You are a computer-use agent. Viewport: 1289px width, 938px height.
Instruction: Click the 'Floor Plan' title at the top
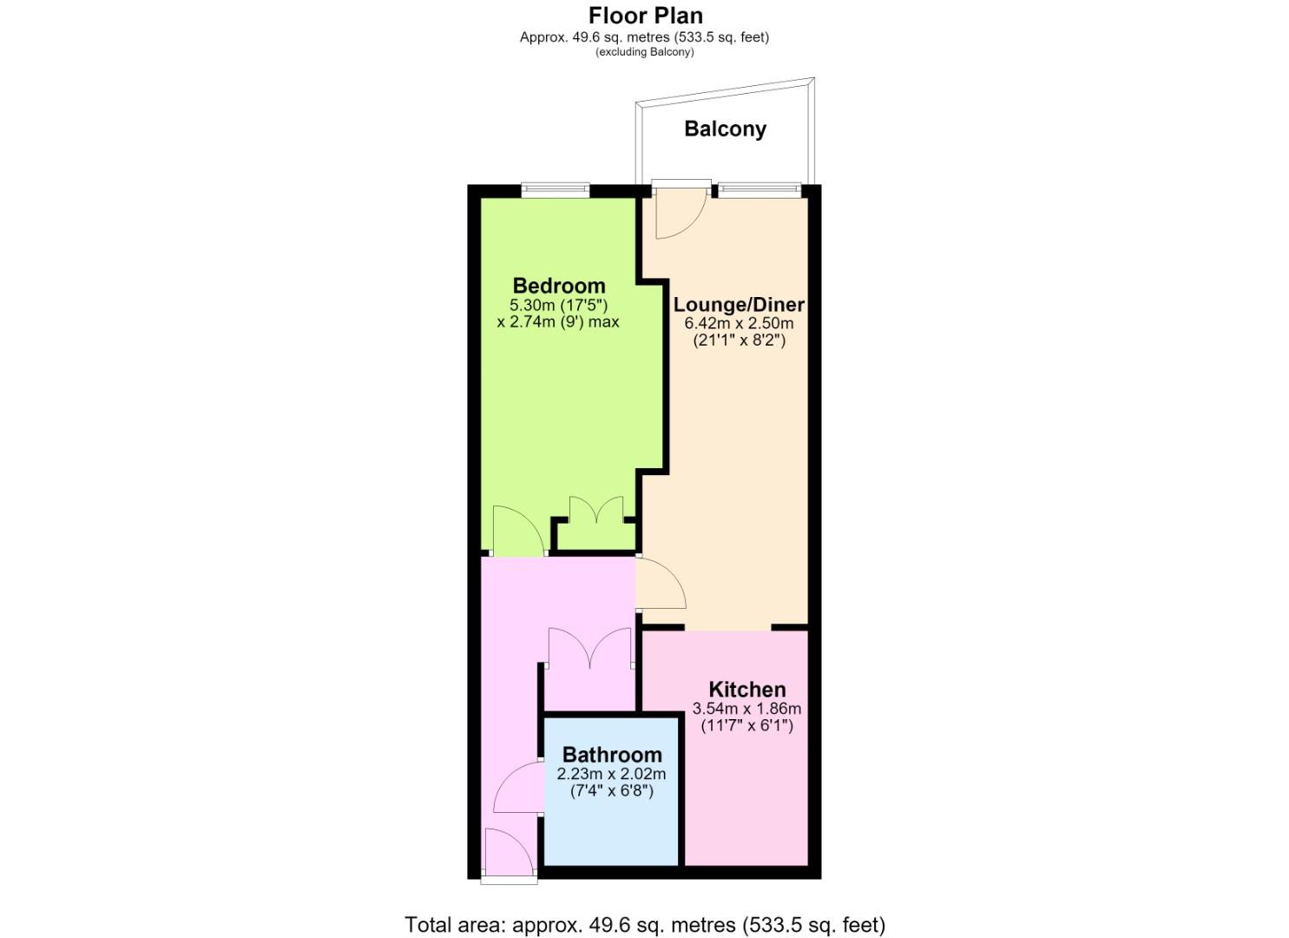[x=645, y=16]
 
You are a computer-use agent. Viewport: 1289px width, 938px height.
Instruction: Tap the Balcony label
[x=725, y=129]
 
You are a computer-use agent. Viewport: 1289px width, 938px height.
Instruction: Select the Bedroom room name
[x=559, y=286]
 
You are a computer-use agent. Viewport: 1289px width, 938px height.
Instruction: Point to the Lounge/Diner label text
[x=739, y=304]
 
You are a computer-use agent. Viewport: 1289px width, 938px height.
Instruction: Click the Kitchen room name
[x=747, y=690]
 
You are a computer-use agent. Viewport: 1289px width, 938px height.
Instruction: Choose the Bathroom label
[x=612, y=755]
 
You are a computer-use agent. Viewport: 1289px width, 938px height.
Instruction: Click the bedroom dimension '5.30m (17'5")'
[x=558, y=305]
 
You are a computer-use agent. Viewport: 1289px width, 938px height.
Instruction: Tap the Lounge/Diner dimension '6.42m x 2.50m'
[x=739, y=323]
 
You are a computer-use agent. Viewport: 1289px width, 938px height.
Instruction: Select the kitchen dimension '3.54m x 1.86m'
[x=747, y=709]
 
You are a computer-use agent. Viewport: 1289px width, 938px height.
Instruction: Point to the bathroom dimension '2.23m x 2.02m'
[x=612, y=774]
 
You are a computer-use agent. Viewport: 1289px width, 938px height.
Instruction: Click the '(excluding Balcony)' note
[x=644, y=52]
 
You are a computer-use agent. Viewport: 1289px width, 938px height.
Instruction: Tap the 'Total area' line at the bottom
[x=645, y=908]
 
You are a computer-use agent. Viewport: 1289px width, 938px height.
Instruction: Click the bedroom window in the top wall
[x=556, y=190]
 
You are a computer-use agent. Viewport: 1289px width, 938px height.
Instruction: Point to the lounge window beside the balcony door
[x=759, y=190]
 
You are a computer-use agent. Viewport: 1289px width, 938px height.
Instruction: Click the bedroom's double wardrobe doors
[x=596, y=510]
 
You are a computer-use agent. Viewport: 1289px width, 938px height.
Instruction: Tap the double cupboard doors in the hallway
[x=590, y=648]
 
